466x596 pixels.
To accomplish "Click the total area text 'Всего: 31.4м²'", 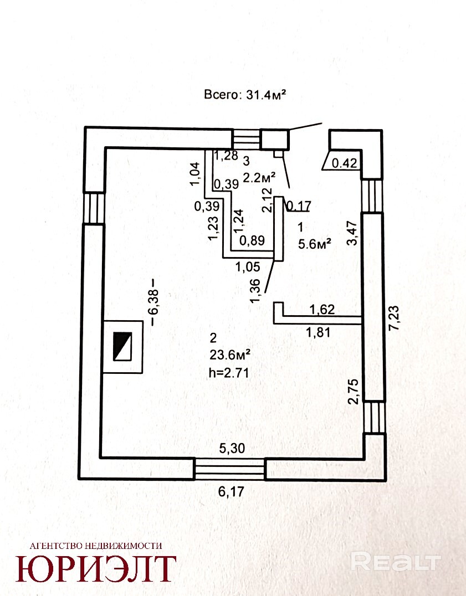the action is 245,94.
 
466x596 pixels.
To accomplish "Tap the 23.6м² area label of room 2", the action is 229,355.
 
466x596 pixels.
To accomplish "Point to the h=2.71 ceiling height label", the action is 229,373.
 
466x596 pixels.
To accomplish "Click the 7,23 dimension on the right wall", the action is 394,318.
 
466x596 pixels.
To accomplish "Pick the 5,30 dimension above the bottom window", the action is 232,449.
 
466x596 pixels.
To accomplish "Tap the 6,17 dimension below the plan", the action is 231,492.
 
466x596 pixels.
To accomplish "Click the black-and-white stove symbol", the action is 123,346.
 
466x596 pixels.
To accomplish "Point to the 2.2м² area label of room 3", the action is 259,177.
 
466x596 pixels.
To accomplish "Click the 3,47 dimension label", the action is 353,233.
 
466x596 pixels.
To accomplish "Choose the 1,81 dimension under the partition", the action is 319,333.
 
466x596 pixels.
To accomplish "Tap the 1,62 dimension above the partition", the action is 322,310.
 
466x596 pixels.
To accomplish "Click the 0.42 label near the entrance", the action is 345,163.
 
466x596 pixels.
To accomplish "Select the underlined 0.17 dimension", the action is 299,205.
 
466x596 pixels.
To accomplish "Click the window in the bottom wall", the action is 229,469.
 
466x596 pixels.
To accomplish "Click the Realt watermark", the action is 396,562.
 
